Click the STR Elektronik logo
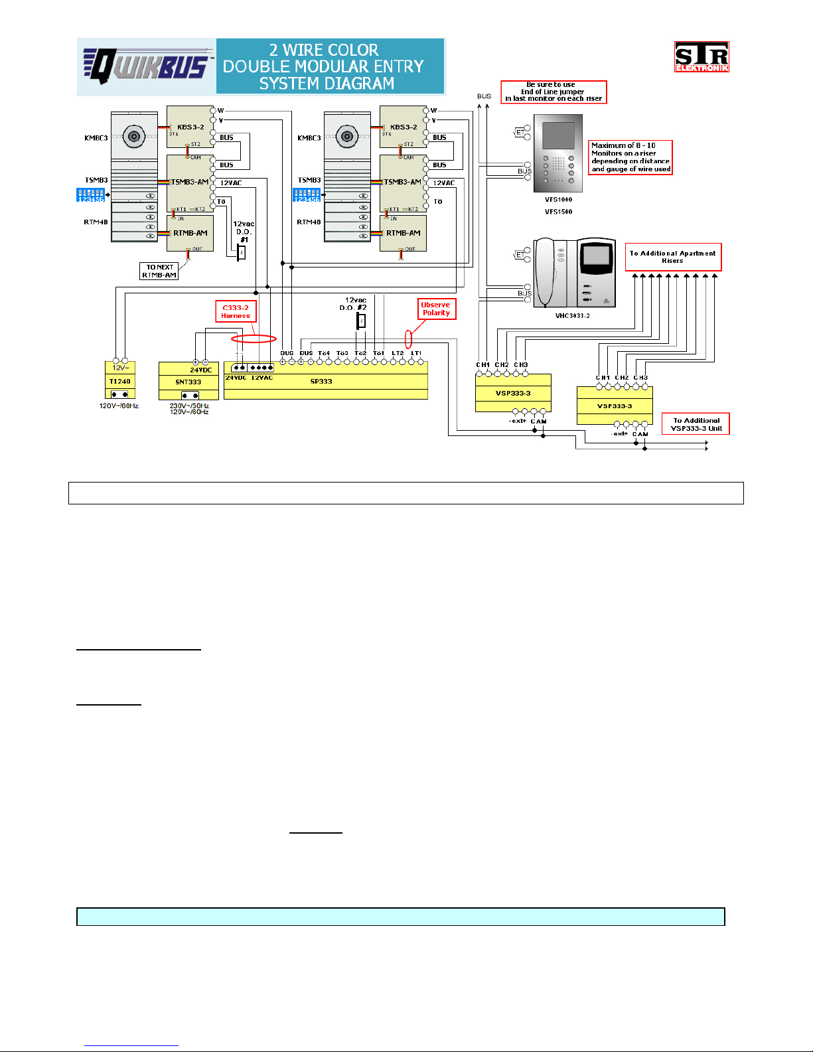[702, 56]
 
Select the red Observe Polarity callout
[436, 309]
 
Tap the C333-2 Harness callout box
[236, 312]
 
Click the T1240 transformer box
[120, 382]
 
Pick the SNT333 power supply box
[188, 382]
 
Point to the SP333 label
[321, 382]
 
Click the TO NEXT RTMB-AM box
[159, 271]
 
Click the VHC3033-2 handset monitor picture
[575, 273]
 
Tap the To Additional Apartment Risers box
[672, 257]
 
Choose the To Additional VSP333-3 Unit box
[696, 424]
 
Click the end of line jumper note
[554, 92]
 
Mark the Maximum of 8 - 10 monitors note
[630, 157]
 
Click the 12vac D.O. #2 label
[356, 304]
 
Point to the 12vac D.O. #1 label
[244, 232]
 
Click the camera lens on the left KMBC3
[135, 137]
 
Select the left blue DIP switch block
[90, 194]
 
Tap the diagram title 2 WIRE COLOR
[323, 50]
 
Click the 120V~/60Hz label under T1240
[119, 406]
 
